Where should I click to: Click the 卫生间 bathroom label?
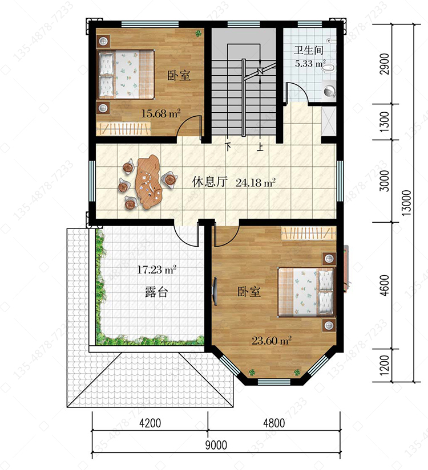pyautogui.click(x=309, y=50)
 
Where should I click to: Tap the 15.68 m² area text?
pyautogui.click(x=161, y=113)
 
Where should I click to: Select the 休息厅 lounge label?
pyautogui.click(x=210, y=182)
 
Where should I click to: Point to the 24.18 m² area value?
pyautogui.click(x=256, y=182)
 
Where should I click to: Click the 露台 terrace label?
pyautogui.click(x=156, y=292)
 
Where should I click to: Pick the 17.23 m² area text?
pyautogui.click(x=156, y=270)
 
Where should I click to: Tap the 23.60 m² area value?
pyautogui.click(x=272, y=341)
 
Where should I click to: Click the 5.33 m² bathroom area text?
pyautogui.click(x=310, y=64)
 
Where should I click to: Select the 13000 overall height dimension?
pyautogui.click(x=406, y=203)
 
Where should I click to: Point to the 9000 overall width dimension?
pyautogui.click(x=216, y=445)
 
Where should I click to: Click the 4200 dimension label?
pyautogui.click(x=150, y=423)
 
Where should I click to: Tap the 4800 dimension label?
pyautogui.click(x=274, y=423)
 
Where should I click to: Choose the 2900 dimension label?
pyautogui.click(x=384, y=64)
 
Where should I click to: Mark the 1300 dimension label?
pyautogui.click(x=384, y=122)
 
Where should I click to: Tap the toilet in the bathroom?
pyautogui.click(x=329, y=68)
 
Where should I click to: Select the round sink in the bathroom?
pyautogui.click(x=329, y=91)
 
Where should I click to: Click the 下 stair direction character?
pyautogui.click(x=229, y=147)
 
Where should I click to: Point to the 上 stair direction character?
pyautogui.click(x=260, y=147)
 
